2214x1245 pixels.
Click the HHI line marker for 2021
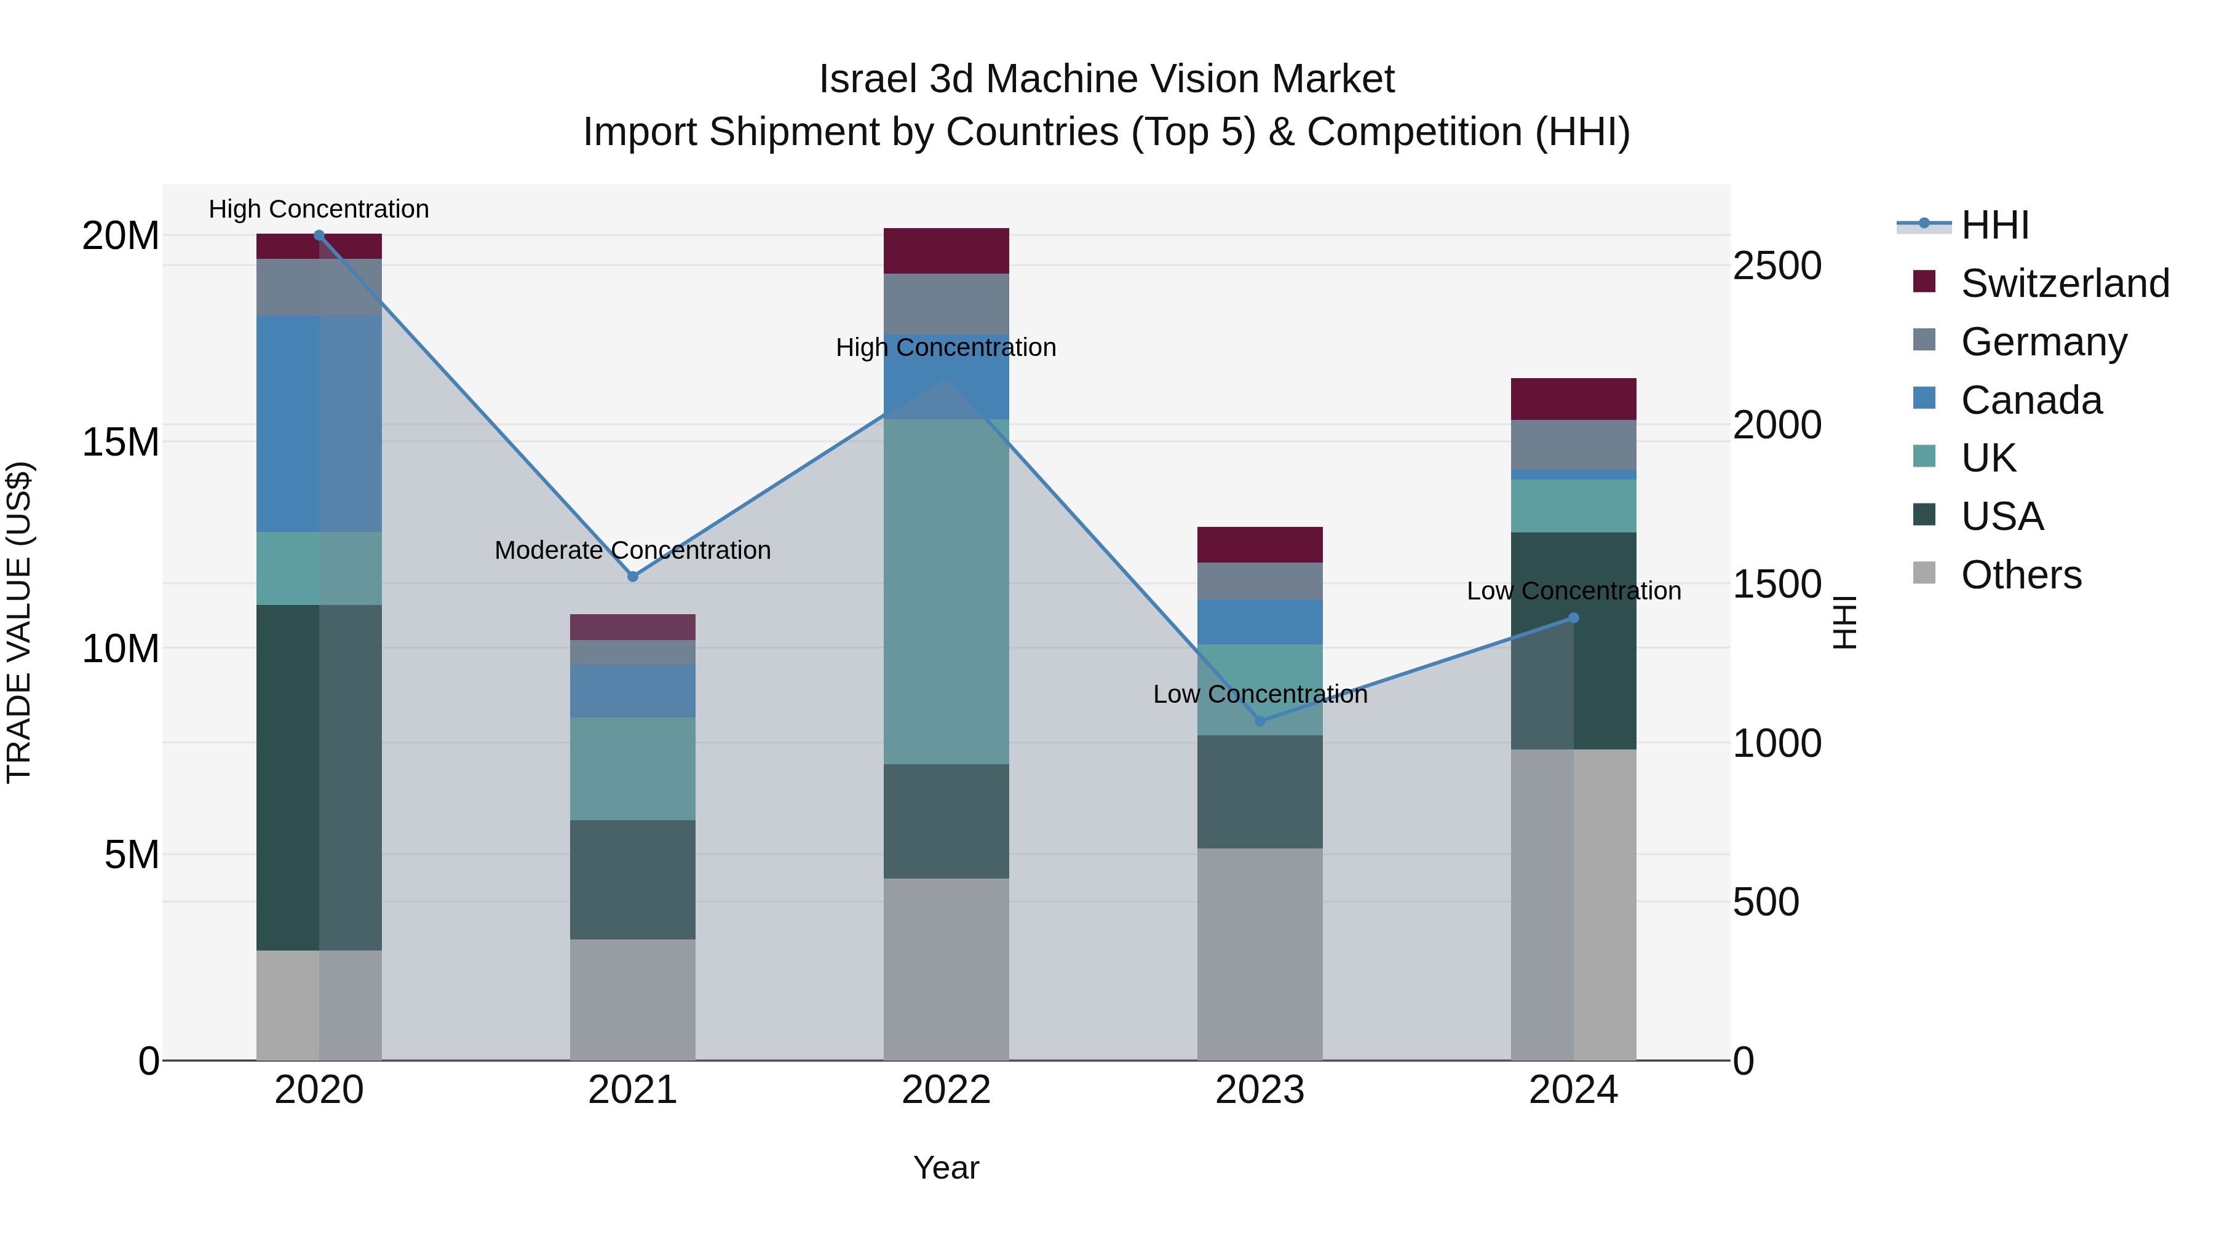(633, 577)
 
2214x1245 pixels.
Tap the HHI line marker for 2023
(1260, 721)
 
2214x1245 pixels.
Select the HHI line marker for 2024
(1574, 618)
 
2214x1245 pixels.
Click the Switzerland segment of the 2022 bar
(946, 251)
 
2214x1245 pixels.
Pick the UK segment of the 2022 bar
(946, 591)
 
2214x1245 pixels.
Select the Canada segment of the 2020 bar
(319, 423)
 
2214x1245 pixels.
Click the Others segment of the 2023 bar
(1260, 954)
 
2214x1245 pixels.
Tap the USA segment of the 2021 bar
(633, 879)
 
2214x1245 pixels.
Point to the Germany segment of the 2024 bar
(1574, 445)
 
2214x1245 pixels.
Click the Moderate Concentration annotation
(633, 550)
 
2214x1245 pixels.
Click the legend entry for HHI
(1994, 225)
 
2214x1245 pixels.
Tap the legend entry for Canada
(2031, 400)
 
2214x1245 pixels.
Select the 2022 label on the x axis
(946, 1090)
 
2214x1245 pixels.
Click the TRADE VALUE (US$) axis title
(20, 622)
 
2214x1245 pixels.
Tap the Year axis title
(946, 1168)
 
